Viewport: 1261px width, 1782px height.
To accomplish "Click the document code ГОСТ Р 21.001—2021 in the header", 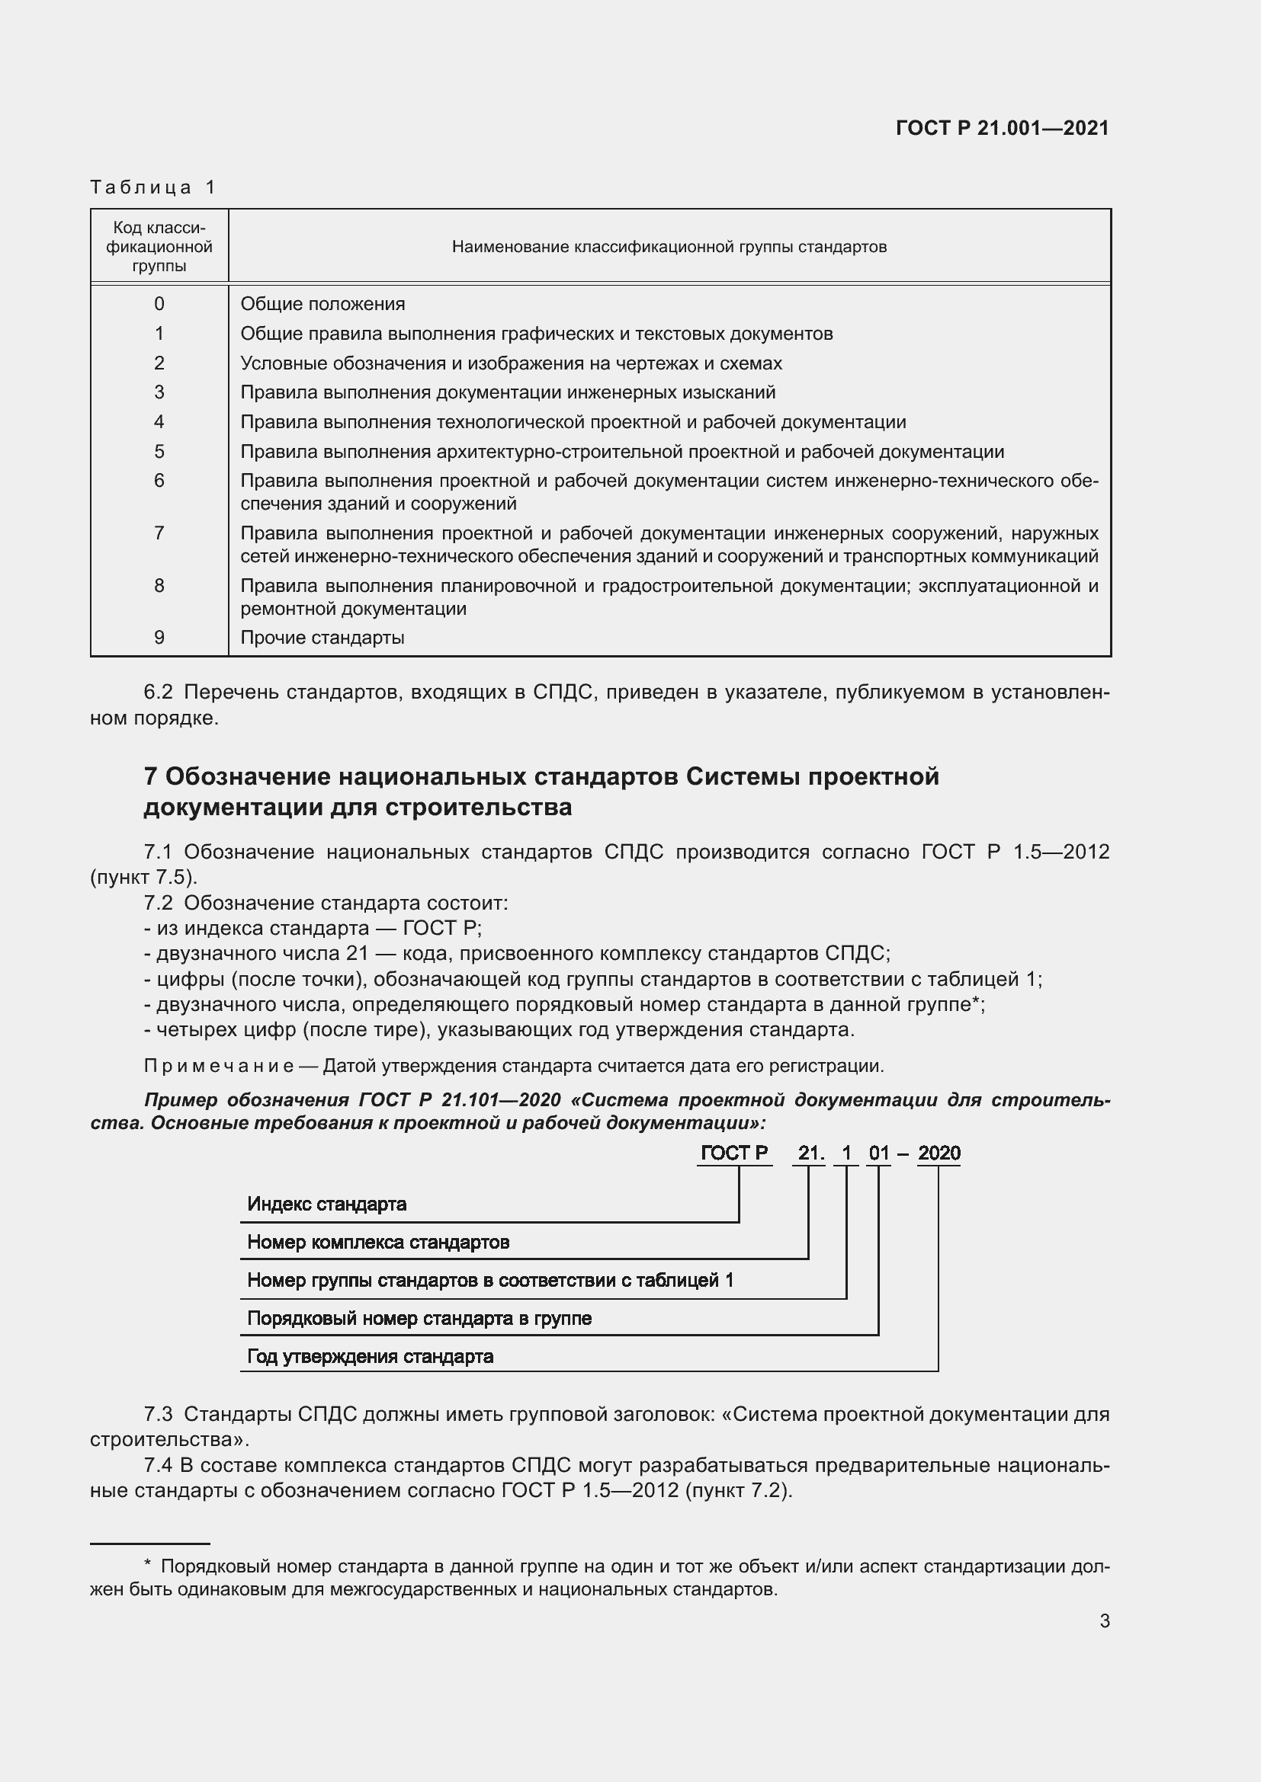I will coord(1002,128).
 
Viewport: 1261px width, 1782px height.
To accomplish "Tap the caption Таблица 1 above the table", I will coord(153,187).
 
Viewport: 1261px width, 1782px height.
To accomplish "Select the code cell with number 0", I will coord(159,304).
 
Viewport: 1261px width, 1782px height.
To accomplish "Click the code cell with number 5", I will coord(159,452).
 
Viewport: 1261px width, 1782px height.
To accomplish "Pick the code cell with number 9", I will coord(159,638).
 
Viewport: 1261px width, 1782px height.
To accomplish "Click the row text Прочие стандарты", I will coord(322,638).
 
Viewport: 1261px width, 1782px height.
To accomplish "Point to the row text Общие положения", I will coord(322,304).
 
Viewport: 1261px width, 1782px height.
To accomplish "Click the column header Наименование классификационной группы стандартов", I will coord(669,247).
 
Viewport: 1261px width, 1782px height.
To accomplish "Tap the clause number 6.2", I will coord(158,693).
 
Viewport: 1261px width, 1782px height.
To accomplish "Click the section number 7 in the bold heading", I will coord(151,777).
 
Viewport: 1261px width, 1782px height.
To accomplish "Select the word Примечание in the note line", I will coord(218,1067).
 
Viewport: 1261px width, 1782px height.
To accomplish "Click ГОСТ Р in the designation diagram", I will coord(733,1153).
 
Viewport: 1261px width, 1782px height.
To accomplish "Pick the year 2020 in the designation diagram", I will coord(939,1153).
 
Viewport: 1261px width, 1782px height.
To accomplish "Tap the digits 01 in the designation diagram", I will coord(878,1153).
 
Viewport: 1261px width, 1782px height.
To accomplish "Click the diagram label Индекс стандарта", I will coord(326,1204).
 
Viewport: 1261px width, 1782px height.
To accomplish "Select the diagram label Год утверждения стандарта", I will coord(370,1356).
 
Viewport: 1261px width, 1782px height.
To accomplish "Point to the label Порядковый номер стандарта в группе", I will coord(419,1318).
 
